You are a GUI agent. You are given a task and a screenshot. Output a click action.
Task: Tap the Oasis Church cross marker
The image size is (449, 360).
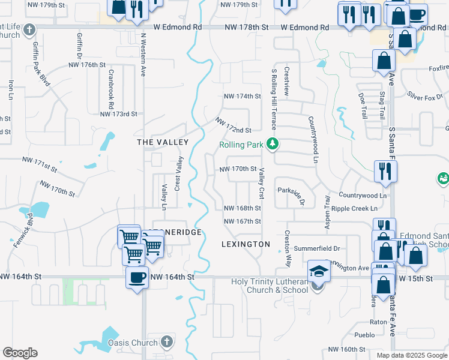167,343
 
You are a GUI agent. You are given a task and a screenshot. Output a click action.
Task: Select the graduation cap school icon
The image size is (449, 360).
319,271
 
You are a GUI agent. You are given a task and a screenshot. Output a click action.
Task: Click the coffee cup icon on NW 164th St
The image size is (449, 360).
137,278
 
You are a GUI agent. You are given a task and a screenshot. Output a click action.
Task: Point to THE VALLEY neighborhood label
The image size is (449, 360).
163,142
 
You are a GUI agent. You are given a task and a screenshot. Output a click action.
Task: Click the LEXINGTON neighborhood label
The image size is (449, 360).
246,244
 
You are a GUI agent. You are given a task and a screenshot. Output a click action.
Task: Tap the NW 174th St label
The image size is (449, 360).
243,96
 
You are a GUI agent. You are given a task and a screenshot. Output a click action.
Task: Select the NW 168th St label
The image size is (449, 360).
243,208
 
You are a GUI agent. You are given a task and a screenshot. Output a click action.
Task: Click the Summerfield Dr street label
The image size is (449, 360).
321,248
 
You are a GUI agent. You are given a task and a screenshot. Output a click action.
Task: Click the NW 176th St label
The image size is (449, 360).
87,64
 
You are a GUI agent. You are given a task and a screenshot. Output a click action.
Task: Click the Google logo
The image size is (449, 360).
20,353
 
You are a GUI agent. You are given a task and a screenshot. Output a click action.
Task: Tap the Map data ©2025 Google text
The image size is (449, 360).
412,355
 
